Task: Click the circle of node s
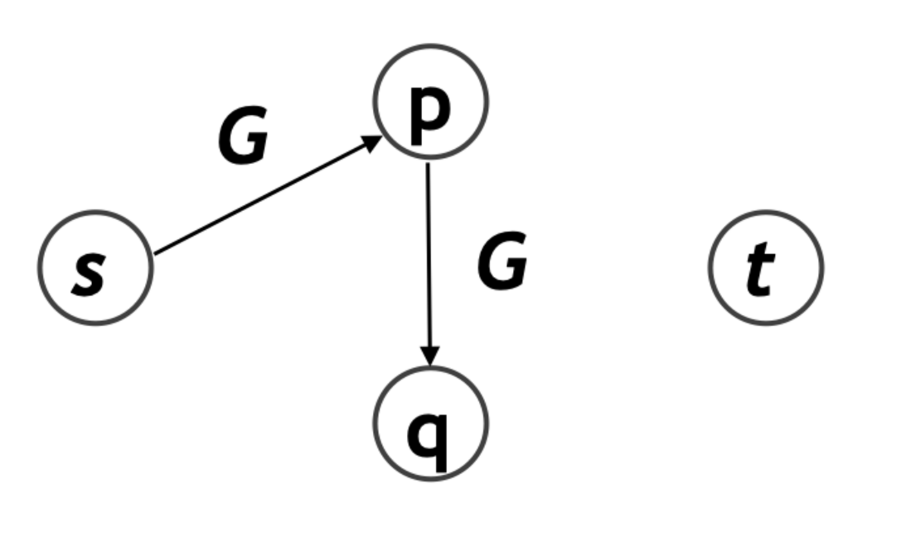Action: click(x=95, y=267)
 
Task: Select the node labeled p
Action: click(x=431, y=102)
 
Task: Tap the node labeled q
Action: click(x=431, y=423)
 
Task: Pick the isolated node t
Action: click(x=766, y=267)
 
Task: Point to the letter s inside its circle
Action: click(x=89, y=274)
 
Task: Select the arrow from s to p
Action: click(x=267, y=195)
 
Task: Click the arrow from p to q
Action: click(x=429, y=263)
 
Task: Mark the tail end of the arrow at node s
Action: click(x=157, y=253)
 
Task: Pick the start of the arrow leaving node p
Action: click(x=428, y=166)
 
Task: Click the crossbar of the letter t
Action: click(x=762, y=255)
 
